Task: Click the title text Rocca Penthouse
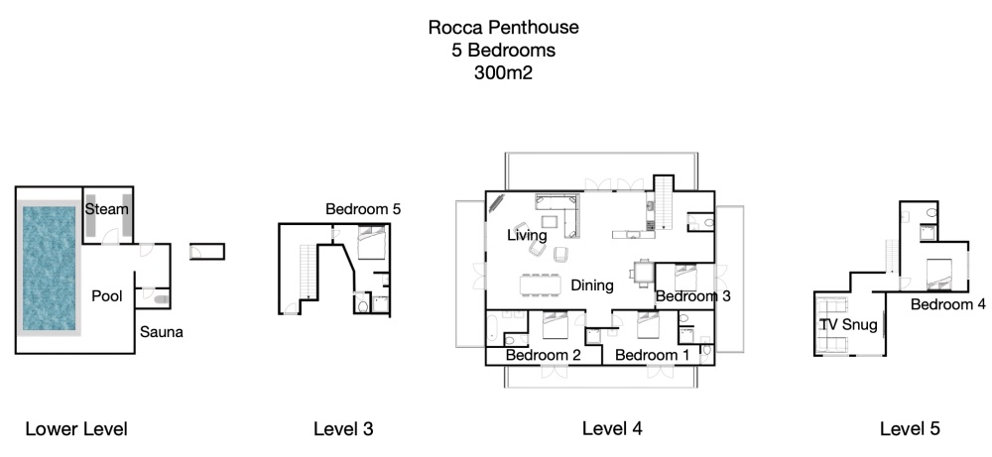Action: tap(503, 27)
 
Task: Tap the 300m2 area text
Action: tap(504, 72)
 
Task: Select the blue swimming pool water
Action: tap(49, 268)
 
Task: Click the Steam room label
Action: tap(107, 208)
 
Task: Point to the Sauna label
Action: tap(162, 332)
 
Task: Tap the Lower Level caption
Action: tap(76, 429)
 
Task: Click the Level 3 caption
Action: tap(343, 429)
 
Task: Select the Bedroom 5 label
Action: tap(363, 209)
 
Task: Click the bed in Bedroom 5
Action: tap(371, 243)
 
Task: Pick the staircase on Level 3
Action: tap(307, 272)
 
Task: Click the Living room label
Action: tap(527, 235)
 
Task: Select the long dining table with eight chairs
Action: tap(541, 285)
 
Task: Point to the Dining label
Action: tap(592, 286)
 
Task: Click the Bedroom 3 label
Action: tap(692, 295)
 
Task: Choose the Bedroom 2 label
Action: tap(544, 355)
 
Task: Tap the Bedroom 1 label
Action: tap(653, 355)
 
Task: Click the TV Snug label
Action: tap(848, 325)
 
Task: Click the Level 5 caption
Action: tap(910, 429)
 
